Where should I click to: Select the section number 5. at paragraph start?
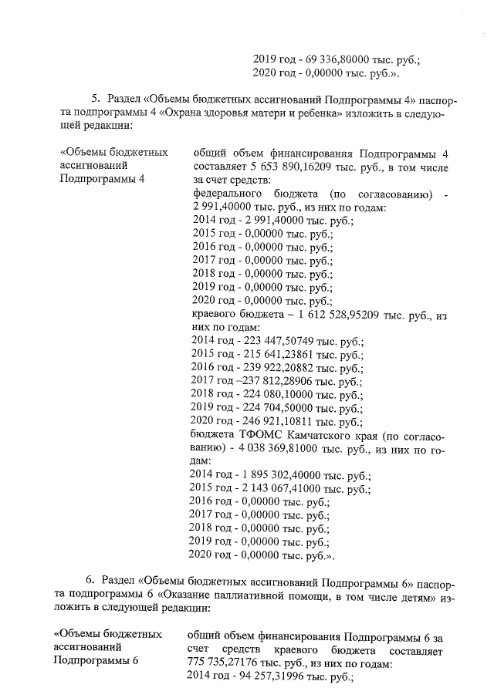tap(96, 99)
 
